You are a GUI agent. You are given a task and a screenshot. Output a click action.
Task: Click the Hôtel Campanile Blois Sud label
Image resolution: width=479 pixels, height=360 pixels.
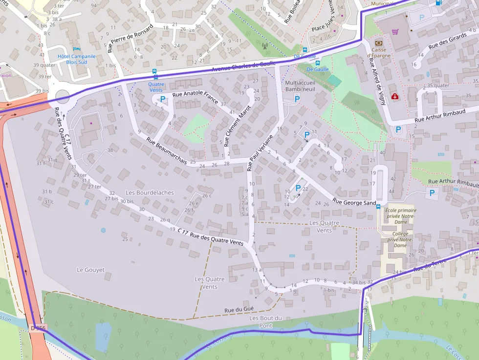point(76,59)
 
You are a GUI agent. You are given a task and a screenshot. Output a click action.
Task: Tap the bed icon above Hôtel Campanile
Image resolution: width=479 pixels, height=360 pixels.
point(76,48)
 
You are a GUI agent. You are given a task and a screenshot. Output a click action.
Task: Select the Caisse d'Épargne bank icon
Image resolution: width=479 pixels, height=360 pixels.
point(378,43)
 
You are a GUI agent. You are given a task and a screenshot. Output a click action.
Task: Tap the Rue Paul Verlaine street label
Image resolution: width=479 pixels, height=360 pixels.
point(260,152)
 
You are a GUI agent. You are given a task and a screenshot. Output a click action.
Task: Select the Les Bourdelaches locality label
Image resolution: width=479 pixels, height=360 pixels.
point(150,192)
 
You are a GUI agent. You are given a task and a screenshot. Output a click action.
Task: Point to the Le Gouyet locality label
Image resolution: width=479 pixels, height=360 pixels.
point(91,270)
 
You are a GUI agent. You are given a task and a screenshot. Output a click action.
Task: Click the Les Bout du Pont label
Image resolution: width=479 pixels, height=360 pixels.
point(265,321)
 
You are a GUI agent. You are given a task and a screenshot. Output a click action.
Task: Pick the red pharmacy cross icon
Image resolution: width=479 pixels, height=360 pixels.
point(395,97)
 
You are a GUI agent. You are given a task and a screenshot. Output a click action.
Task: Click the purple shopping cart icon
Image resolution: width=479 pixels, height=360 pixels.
point(395,32)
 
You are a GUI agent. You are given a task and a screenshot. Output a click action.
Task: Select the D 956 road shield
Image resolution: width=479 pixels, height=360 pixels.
point(37,328)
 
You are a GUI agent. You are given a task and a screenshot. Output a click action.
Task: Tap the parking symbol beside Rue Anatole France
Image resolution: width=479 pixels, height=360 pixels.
point(163,99)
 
